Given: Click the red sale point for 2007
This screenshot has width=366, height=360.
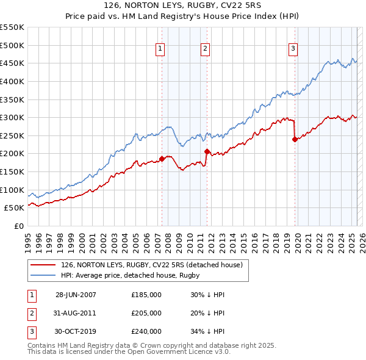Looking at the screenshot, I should (x=162, y=159).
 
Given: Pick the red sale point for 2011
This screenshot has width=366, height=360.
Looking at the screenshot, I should (x=207, y=151).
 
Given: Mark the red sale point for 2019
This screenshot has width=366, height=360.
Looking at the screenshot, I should (x=295, y=139).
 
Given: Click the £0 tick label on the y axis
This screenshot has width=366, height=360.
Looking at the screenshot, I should (x=18, y=226).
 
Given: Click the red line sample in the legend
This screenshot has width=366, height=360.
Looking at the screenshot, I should (x=44, y=265).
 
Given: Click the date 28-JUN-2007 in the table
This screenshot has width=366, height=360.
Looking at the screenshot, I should (x=76, y=295).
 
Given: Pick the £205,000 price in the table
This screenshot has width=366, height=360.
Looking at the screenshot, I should (x=146, y=313).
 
